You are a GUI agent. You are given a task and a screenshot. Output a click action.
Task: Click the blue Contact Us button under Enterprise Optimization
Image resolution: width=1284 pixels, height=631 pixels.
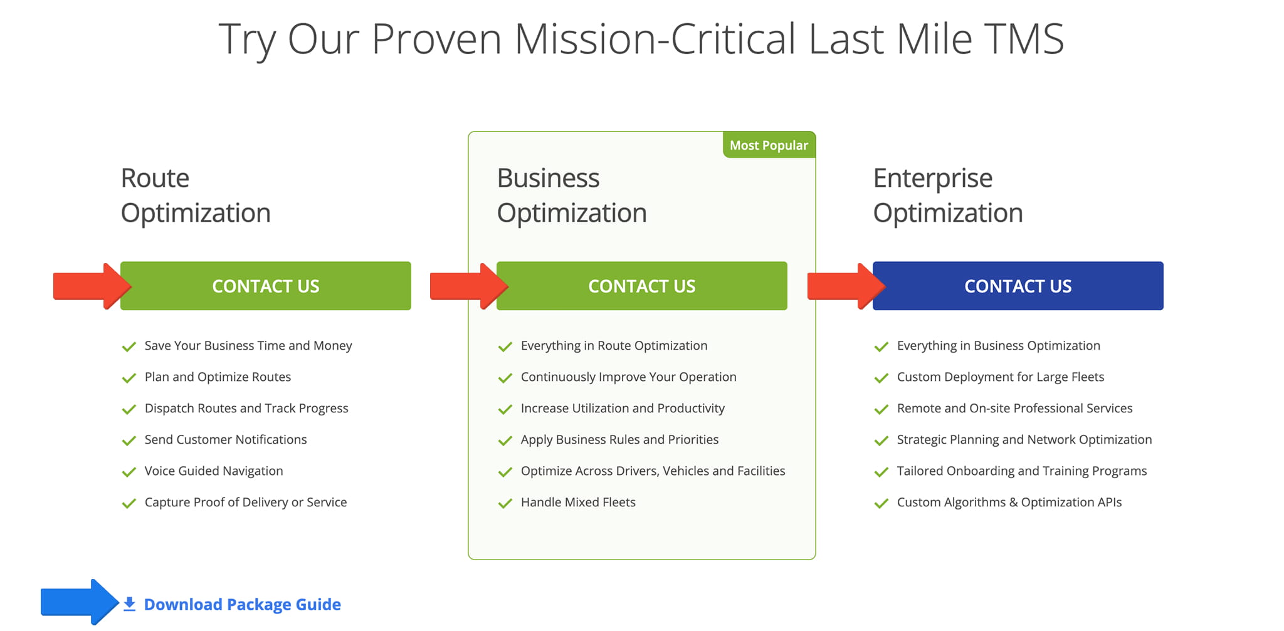1018,286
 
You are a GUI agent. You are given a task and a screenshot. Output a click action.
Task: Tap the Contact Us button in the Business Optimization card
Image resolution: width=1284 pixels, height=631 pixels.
641,286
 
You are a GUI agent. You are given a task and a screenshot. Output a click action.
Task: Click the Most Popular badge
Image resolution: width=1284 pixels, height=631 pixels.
769,145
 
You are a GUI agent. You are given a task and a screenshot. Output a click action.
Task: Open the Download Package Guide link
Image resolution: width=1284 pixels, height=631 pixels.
242,604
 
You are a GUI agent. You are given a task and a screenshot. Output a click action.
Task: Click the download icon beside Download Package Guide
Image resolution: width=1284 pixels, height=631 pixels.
129,604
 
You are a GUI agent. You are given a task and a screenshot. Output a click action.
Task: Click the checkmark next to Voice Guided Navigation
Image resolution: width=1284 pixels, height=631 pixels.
129,472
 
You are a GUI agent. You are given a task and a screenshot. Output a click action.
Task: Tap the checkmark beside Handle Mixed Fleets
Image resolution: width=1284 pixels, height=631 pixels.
505,503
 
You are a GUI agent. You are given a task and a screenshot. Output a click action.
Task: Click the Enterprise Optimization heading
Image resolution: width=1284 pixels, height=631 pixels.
947,196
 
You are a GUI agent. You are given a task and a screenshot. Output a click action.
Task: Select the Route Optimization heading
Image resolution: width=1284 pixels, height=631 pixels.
195,196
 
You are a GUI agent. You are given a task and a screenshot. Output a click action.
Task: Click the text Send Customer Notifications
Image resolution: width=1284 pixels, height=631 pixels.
226,439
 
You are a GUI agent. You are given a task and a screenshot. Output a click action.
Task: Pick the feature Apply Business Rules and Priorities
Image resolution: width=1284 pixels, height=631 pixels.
619,439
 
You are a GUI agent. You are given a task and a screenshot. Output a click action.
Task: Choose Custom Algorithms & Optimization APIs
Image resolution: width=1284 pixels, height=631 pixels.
1009,502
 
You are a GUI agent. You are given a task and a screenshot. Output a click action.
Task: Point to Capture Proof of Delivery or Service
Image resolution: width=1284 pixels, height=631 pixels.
245,502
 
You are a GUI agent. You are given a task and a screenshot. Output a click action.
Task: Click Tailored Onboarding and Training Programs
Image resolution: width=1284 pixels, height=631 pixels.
1021,471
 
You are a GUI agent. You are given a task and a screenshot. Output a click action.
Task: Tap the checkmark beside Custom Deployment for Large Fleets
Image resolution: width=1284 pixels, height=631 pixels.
881,378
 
